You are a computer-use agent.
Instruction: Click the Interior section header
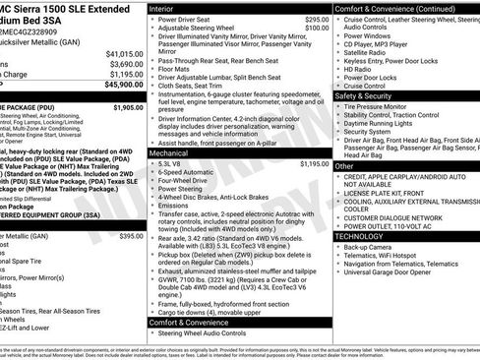pyautogui.click(x=163, y=7)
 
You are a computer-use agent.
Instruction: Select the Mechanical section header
pyautogui.click(x=171, y=153)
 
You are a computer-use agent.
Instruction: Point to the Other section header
pyautogui.click(x=343, y=166)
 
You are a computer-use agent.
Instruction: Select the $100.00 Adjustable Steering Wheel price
pyautogui.click(x=316, y=28)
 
